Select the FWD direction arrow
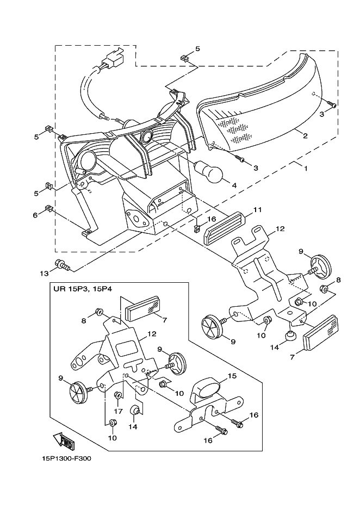coord(64,440)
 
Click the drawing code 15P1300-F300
coord(67,458)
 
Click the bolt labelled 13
coord(63,265)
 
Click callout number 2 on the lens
coord(306,136)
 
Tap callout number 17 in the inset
coord(119,411)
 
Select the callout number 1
coord(305,169)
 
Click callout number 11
coord(257,210)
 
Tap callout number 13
coord(44,274)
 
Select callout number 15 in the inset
coord(232,376)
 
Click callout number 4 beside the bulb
coord(234,185)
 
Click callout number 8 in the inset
coord(84,321)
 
